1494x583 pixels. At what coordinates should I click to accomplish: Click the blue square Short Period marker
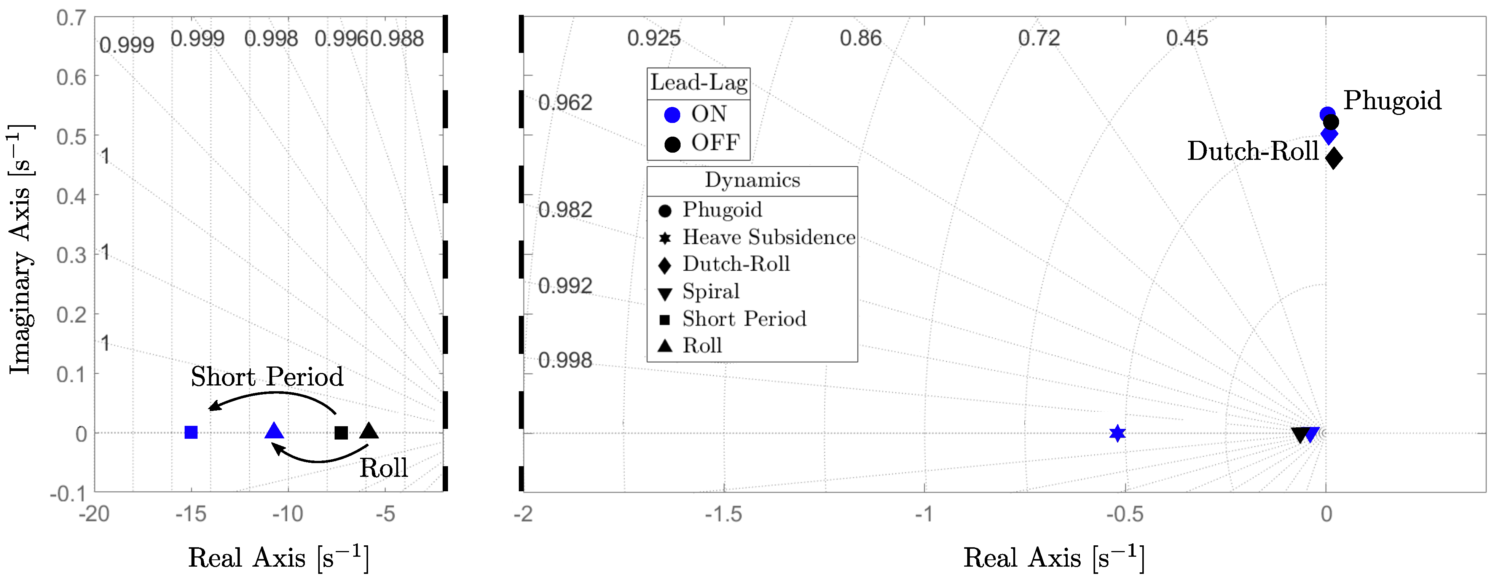(x=191, y=432)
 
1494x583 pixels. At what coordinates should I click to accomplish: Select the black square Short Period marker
(x=341, y=433)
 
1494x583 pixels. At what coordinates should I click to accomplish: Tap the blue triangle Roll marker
(x=274, y=431)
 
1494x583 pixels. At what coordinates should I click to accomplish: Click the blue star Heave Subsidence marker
(x=1117, y=433)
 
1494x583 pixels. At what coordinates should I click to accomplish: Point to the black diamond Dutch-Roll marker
(x=1334, y=157)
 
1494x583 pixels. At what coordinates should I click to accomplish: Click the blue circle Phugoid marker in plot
(x=1327, y=114)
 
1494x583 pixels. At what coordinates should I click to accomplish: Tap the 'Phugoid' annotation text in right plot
(x=1392, y=100)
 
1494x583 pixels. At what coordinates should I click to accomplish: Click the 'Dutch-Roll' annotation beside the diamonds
(x=1253, y=151)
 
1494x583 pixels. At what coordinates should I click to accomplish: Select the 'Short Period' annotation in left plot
(x=267, y=377)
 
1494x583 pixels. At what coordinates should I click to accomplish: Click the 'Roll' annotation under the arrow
(x=383, y=468)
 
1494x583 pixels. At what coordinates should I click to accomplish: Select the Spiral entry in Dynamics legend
(x=711, y=291)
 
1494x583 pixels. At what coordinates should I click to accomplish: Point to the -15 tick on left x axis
(x=191, y=514)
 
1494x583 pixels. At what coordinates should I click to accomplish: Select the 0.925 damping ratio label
(x=653, y=38)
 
